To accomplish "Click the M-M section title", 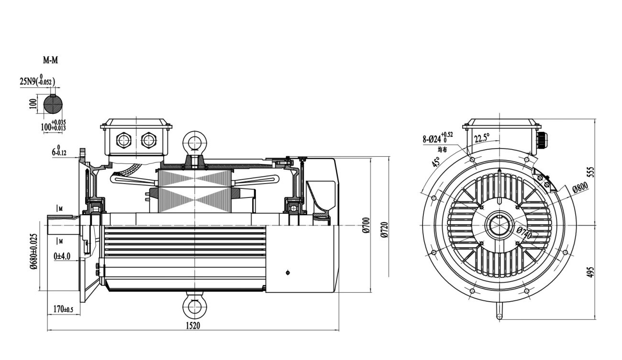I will [x=51, y=61].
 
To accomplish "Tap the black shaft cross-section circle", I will [x=53, y=104].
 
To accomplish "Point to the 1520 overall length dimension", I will [x=193, y=325].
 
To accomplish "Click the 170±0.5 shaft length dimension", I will [x=63, y=309].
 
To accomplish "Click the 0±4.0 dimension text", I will [x=62, y=256].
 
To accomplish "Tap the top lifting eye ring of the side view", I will [x=195, y=142].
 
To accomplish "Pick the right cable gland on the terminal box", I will [x=148, y=140].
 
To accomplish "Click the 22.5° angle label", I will [x=482, y=139].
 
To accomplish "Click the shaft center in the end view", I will [x=499, y=225].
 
